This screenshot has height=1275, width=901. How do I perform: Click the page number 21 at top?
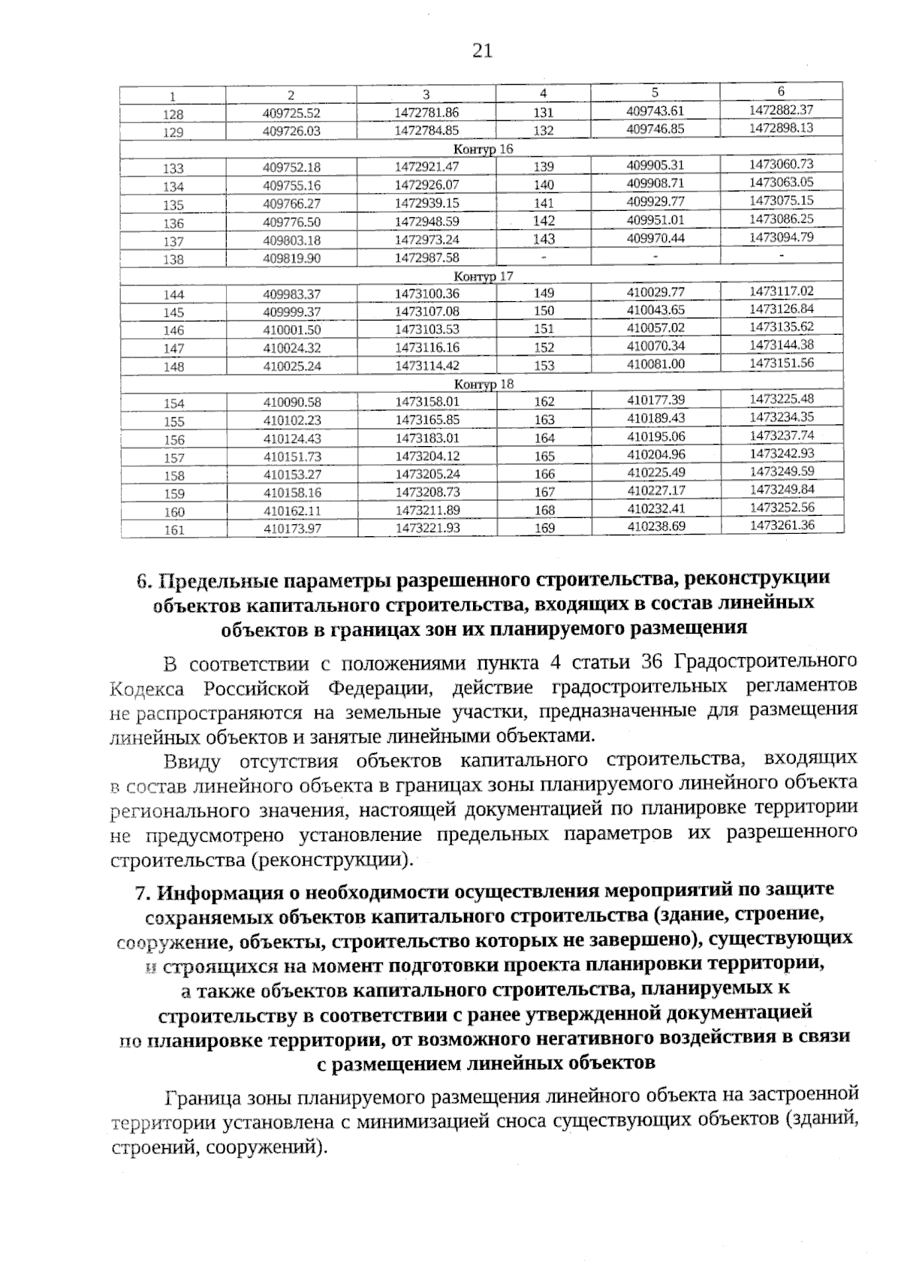click(x=482, y=50)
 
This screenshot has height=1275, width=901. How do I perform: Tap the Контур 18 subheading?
click(x=484, y=384)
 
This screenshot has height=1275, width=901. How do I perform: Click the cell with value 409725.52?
click(x=291, y=113)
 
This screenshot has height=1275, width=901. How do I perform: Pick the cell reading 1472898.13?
click(x=781, y=128)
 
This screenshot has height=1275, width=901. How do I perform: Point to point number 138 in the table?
click(x=173, y=259)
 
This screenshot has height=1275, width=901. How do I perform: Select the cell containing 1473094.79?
click(x=781, y=237)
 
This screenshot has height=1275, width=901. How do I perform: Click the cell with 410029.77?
click(x=655, y=291)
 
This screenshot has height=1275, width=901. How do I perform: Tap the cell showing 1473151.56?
click(x=781, y=363)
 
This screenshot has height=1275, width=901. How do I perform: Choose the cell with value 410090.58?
click(x=291, y=402)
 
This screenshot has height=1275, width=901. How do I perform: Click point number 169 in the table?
click(x=544, y=528)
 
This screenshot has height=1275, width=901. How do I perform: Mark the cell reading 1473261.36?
click(x=781, y=525)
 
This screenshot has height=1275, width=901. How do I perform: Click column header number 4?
click(x=543, y=94)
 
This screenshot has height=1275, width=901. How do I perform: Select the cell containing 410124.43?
click(x=291, y=439)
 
